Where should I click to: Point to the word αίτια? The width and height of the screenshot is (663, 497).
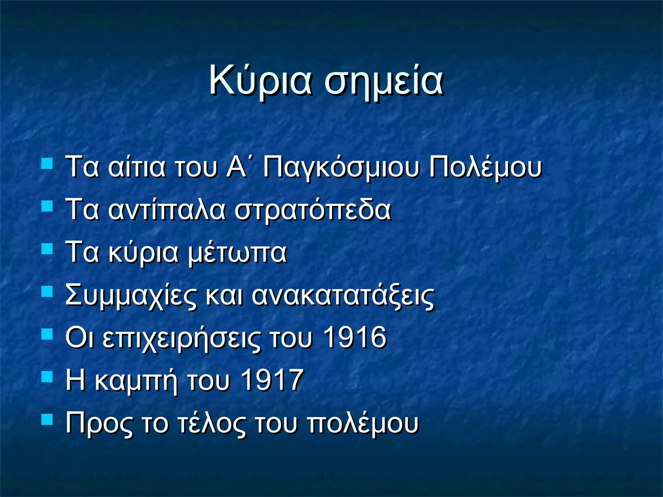tap(137, 168)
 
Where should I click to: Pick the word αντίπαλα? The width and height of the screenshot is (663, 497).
tap(166, 210)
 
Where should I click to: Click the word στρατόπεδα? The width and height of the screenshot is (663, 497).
tap(313, 210)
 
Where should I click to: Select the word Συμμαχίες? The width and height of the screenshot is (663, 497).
tap(130, 296)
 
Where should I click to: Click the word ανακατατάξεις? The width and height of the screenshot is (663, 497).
tap(343, 296)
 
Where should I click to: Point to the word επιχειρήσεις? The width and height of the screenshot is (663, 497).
tap(181, 338)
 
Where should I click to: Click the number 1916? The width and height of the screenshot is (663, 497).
tap(355, 337)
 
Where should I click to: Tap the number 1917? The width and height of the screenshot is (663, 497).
tap(272, 380)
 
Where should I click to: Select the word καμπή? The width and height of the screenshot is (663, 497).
tap(136, 381)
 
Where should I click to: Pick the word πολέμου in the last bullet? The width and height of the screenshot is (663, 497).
tap(363, 423)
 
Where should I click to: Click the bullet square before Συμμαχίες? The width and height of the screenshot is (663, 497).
tap(47, 291)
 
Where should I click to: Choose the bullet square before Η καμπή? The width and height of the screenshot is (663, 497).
tap(47, 376)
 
